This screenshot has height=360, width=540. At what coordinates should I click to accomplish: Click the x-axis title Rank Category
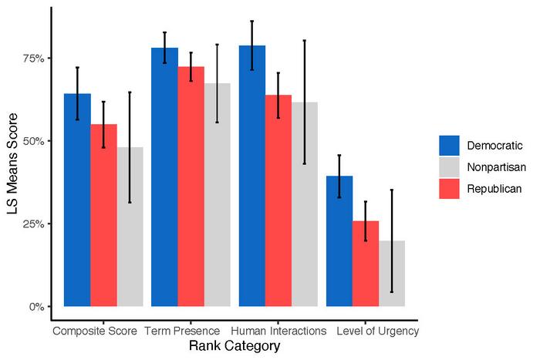pos(234,347)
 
